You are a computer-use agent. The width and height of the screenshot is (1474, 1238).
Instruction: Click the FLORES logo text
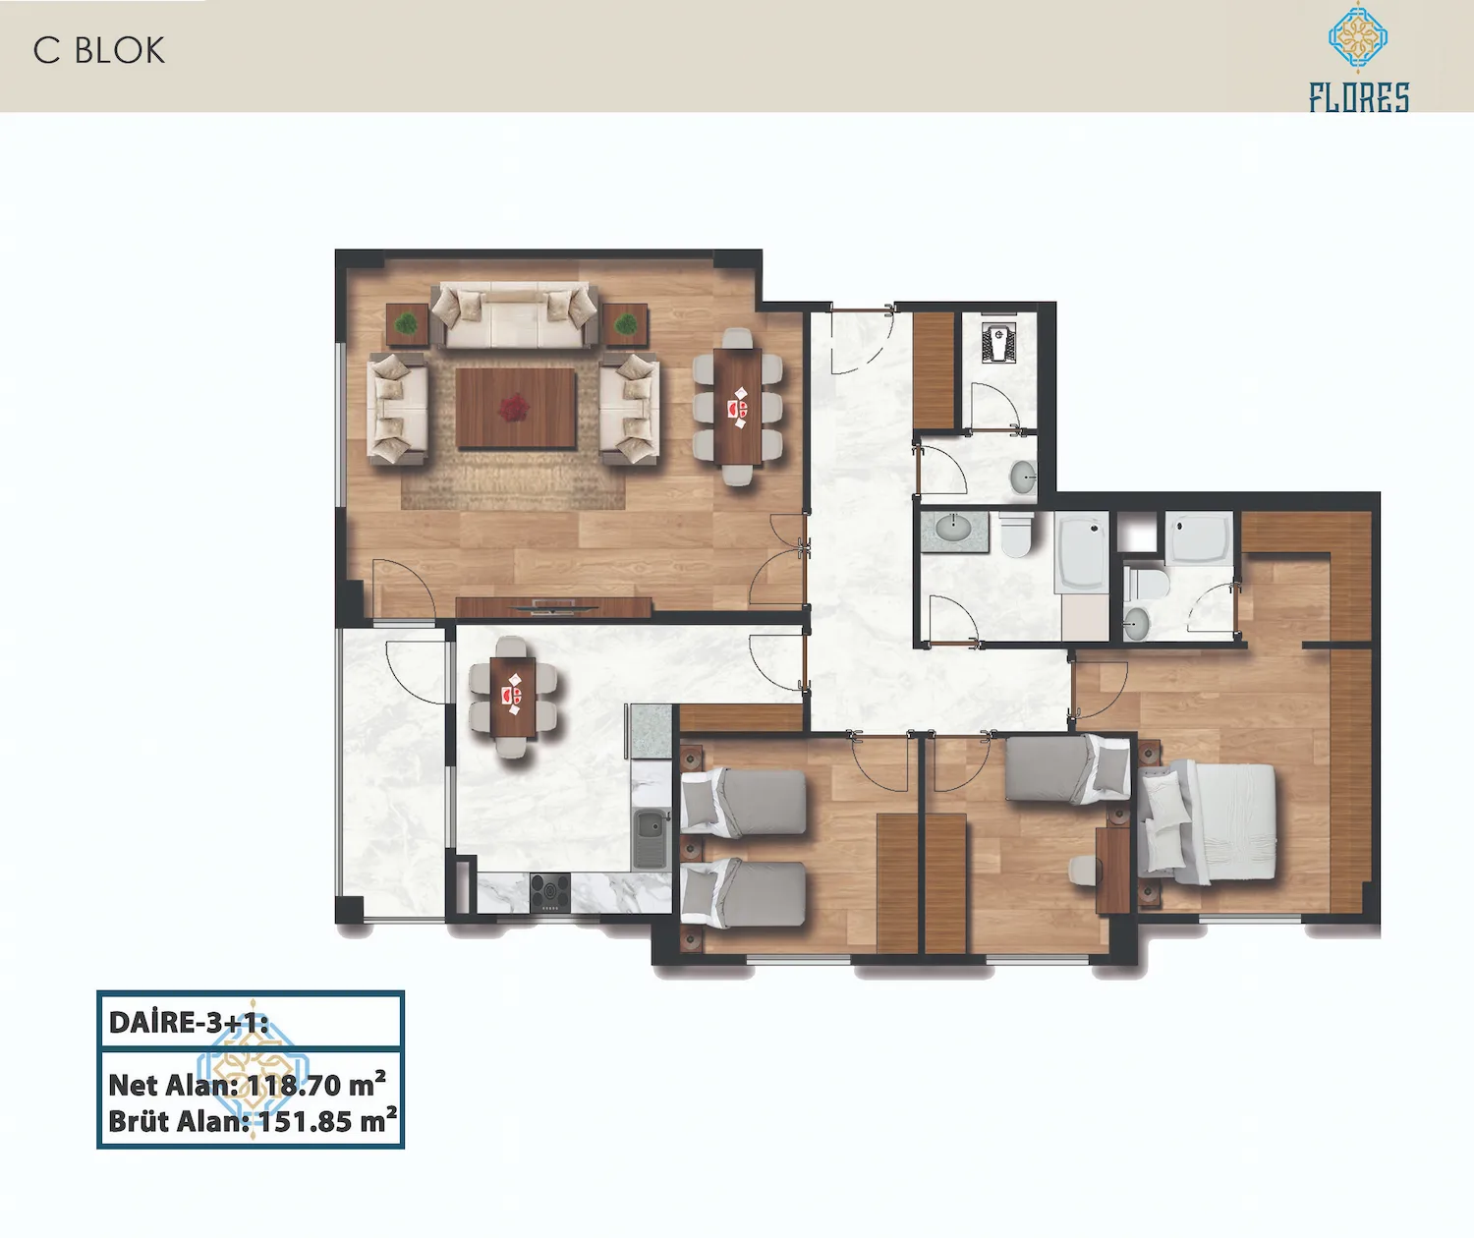[x=1359, y=97]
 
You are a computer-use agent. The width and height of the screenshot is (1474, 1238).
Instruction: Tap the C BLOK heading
[x=99, y=51]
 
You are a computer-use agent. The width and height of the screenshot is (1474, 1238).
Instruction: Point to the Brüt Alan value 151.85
[x=306, y=1121]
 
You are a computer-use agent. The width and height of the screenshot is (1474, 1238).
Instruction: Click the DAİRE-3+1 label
[x=189, y=1022]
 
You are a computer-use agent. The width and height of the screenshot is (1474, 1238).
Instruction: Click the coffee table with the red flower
[x=515, y=408]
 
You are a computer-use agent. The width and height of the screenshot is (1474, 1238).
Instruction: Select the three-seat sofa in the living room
[x=515, y=315]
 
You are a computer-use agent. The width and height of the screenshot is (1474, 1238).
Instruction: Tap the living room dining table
[x=738, y=407]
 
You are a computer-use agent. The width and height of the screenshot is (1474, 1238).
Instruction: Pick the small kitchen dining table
[x=513, y=698]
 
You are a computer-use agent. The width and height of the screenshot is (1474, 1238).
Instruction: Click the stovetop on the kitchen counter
[x=550, y=893]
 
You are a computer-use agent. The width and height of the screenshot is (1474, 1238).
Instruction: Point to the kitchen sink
[x=651, y=839]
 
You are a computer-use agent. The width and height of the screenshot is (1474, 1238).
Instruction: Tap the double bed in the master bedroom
[x=1207, y=823]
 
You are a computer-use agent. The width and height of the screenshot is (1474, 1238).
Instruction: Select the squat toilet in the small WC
[x=997, y=342]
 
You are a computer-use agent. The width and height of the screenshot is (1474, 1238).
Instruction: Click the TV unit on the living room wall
[x=553, y=606]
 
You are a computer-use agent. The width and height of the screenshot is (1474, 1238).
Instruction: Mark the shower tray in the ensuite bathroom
[x=1199, y=537]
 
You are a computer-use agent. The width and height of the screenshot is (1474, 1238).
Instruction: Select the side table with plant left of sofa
[x=407, y=324]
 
